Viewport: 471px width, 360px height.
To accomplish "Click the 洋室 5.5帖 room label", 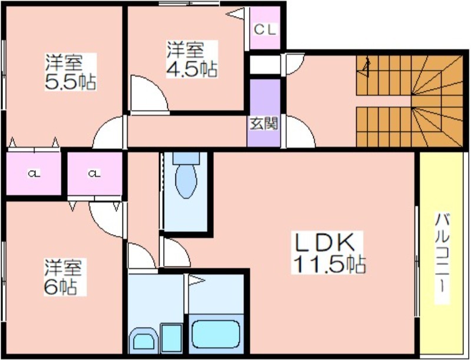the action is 71,72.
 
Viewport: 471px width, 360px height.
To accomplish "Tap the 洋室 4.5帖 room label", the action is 193,59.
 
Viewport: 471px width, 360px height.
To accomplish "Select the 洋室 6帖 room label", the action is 64,277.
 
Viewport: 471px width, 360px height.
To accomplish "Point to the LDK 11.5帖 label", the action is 329,252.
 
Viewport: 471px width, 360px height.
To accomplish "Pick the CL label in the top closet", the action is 264,29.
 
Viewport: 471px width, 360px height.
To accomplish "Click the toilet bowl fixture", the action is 186,181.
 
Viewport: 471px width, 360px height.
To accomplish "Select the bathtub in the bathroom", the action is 216,334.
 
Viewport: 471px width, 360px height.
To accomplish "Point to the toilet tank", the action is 186,158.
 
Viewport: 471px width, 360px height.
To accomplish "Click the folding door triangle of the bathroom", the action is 195,281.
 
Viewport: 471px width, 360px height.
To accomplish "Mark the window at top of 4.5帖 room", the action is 189,4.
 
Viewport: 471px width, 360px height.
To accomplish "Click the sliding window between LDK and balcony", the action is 417,261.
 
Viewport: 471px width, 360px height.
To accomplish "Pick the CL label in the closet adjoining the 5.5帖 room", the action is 34,174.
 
